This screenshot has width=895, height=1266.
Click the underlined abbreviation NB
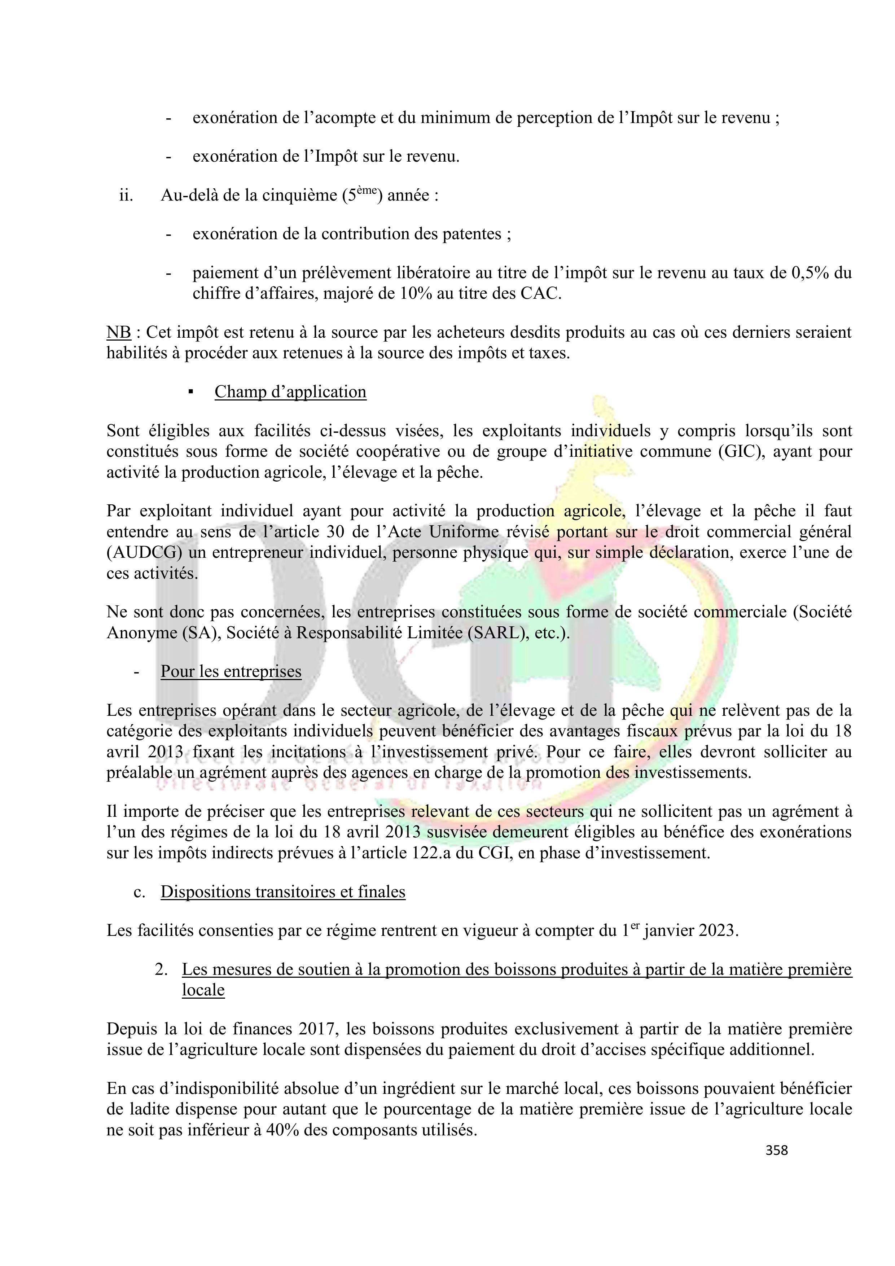click(119, 333)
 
